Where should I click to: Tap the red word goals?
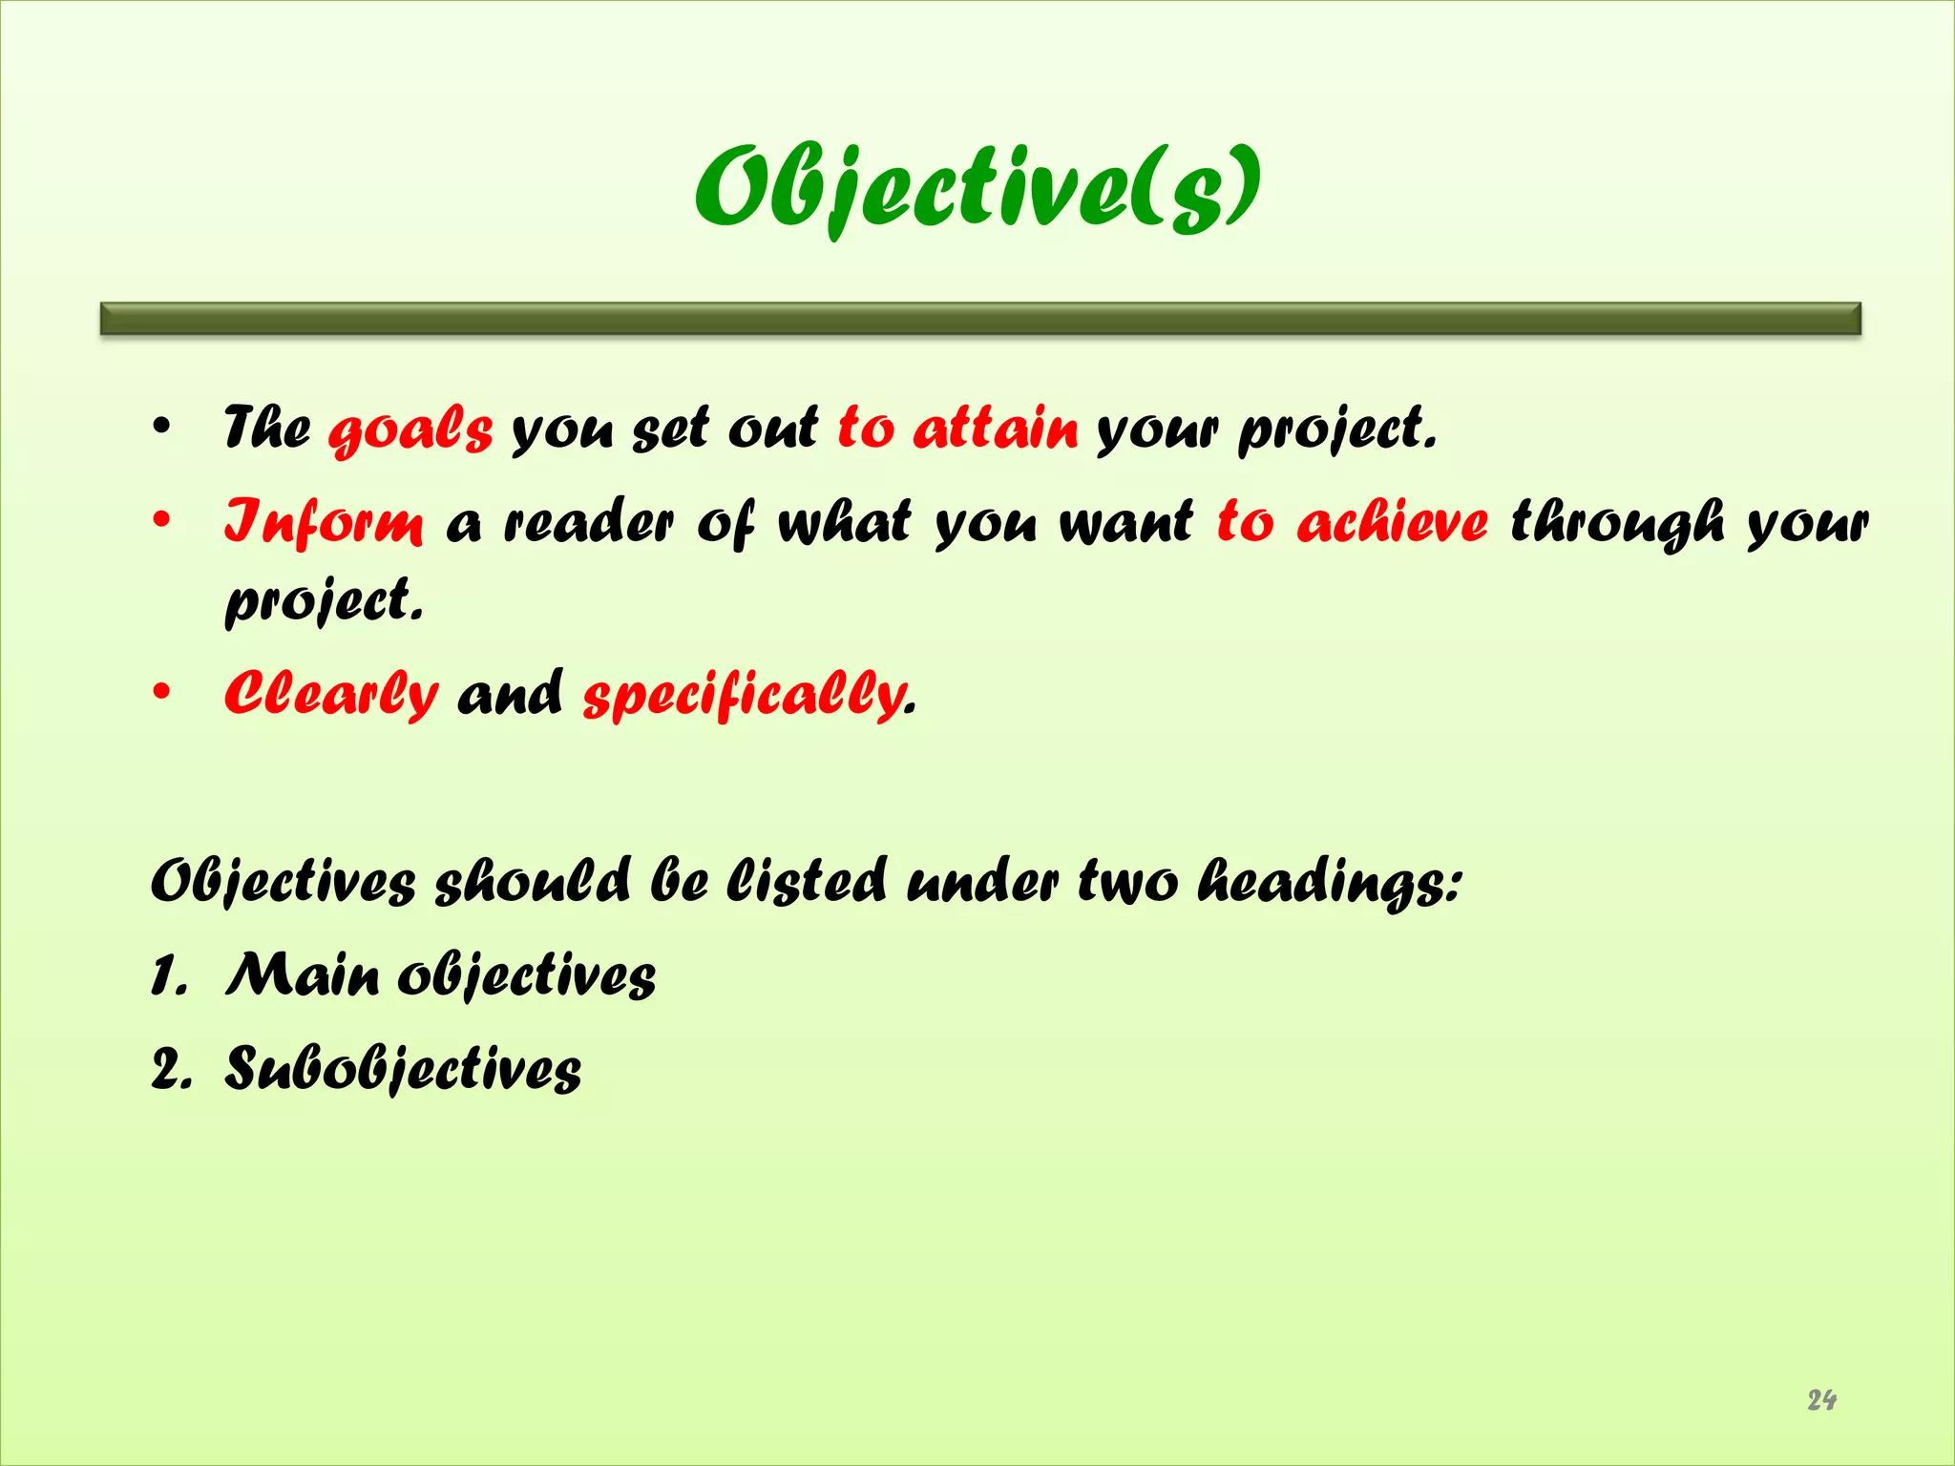tap(410, 429)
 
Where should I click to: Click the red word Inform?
tap(324, 522)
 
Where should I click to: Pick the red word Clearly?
tap(331, 694)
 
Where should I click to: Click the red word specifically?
tap(745, 694)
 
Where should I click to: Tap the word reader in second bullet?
tap(589, 523)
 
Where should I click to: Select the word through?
tap(1617, 523)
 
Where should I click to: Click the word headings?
tap(1329, 881)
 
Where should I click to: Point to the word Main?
tap(302, 974)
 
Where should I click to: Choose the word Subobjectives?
tap(403, 1068)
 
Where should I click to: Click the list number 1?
tap(168, 976)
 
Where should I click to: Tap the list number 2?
tap(170, 1069)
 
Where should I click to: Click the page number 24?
tap(1821, 1400)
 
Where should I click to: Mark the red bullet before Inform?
tap(162, 521)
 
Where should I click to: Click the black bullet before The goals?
tap(162, 427)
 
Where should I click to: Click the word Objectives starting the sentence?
tap(284, 881)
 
